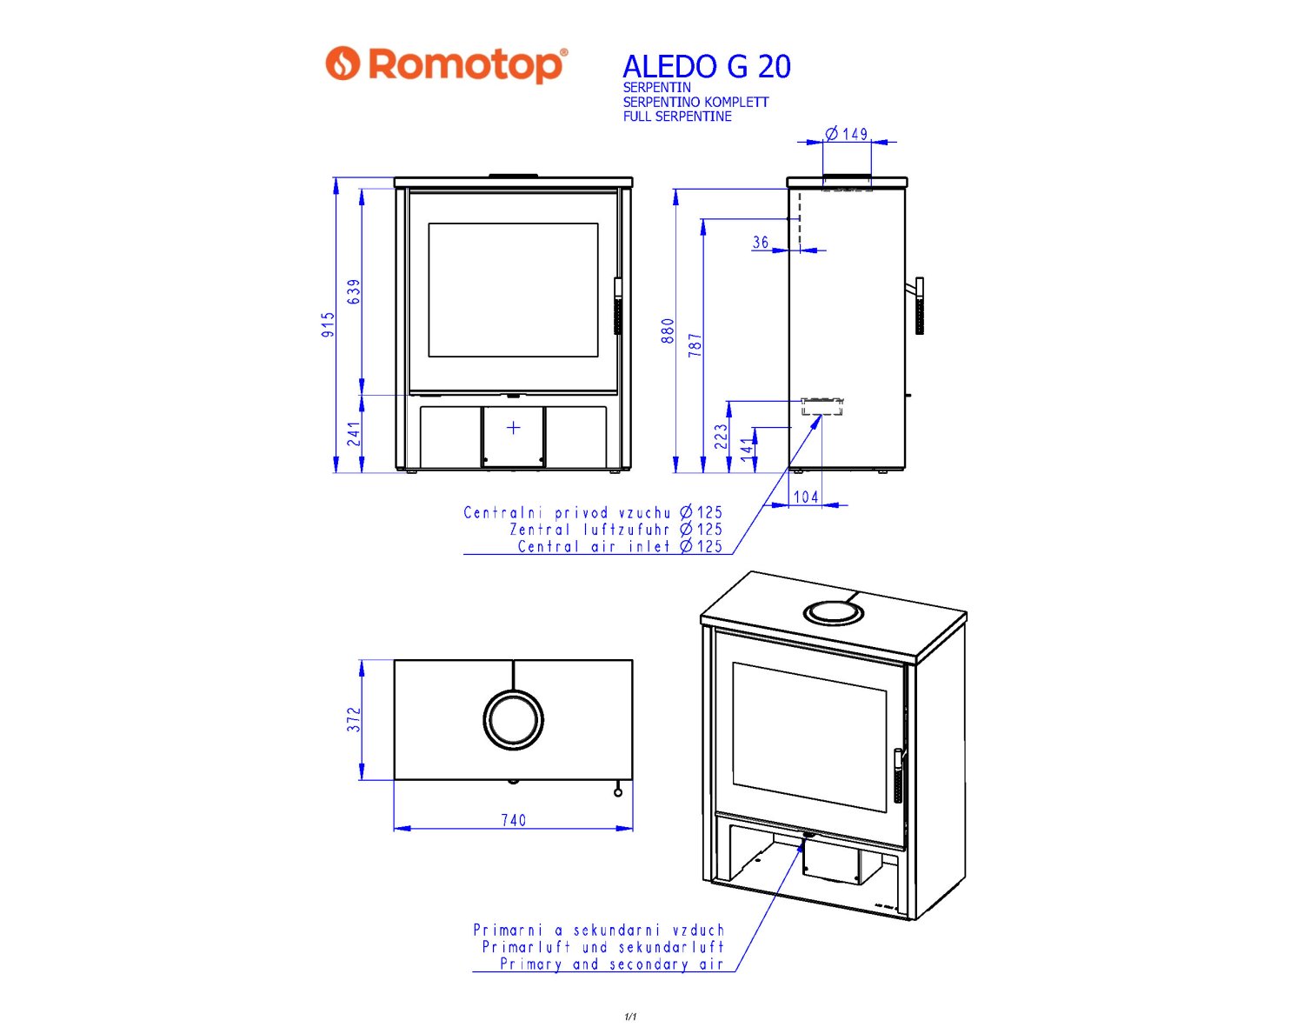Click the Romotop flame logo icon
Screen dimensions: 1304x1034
pos(343,63)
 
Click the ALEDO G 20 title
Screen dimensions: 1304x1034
pos(707,67)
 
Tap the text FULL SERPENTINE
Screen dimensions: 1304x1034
pos(677,117)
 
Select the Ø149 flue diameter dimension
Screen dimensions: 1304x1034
pos(847,133)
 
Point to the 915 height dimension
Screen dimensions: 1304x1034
pos(328,325)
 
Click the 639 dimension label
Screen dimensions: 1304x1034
pos(354,291)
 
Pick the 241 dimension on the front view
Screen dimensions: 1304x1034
pos(354,434)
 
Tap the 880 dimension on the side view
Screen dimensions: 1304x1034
pos(668,331)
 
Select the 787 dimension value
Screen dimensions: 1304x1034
pos(695,345)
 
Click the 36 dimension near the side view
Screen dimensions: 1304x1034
pos(761,243)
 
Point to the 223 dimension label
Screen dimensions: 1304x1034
pos(721,437)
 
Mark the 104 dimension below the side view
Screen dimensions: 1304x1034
pos(806,497)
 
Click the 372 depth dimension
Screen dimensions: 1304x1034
pos(354,719)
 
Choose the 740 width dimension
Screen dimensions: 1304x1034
pos(513,820)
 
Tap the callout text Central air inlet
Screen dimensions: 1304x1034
pos(594,546)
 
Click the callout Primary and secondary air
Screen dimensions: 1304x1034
pos(612,964)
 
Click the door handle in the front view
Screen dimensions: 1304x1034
pos(618,306)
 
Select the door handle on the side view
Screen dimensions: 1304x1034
pos(919,306)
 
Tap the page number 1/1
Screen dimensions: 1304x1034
pos(630,1017)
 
